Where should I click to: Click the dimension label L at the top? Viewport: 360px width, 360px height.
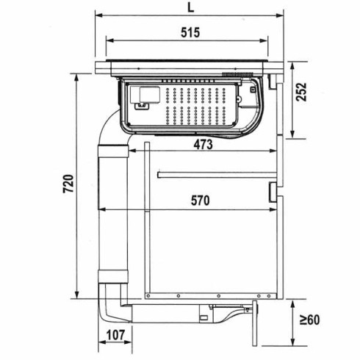pyautogui.click(x=190, y=7)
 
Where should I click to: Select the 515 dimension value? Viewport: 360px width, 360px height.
pyautogui.click(x=190, y=32)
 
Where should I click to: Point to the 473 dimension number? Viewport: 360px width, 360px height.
pyautogui.click(x=204, y=145)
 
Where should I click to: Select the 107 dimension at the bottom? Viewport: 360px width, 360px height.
pyautogui.click(x=115, y=336)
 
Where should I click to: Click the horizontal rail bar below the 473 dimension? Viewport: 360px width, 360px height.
pyautogui.click(x=217, y=175)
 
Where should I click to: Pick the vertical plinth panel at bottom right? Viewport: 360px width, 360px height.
pyautogui.click(x=256, y=323)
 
